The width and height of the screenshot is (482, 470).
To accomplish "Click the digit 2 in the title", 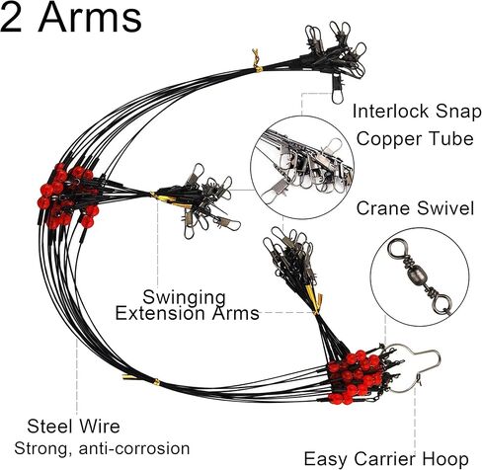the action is click(11, 17).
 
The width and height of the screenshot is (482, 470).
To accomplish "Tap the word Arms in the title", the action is click(90, 17).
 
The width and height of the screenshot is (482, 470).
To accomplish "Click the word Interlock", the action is click(390, 112).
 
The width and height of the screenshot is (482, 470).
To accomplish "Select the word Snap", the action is click(458, 113).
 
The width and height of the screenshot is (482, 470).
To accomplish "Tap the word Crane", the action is click(382, 208).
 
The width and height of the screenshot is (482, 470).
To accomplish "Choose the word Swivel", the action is click(445, 208).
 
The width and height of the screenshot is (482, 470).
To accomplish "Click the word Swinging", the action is click(184, 298).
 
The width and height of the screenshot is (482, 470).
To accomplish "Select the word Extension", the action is click(160, 313).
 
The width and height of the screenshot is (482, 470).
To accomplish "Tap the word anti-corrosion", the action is click(134, 449).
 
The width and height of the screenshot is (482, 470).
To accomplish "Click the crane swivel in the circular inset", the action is click(420, 276).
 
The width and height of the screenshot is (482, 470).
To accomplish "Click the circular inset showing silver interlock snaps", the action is click(302, 167).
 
